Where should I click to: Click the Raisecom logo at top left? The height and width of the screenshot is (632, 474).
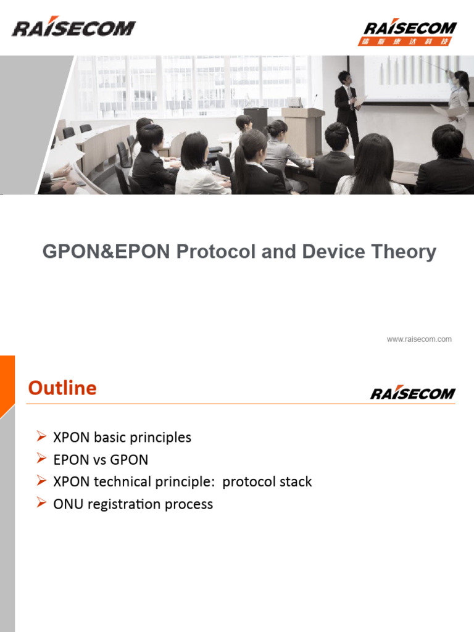click(x=73, y=28)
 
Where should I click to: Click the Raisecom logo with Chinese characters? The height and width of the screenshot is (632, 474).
click(x=410, y=31)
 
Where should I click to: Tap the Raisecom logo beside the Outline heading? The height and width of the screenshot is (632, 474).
click(x=412, y=393)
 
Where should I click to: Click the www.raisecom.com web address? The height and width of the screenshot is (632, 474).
click(x=419, y=339)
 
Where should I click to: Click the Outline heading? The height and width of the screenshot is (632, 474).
click(x=62, y=388)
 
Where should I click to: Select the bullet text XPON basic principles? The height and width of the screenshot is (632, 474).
click(x=122, y=438)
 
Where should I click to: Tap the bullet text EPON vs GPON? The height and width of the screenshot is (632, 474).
click(x=101, y=460)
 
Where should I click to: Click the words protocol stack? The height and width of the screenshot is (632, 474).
click(x=267, y=482)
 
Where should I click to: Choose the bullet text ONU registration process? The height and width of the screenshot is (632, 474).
click(x=133, y=504)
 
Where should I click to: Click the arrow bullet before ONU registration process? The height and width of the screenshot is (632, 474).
click(x=41, y=504)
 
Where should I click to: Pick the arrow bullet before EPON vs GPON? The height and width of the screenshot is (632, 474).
click(x=41, y=459)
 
